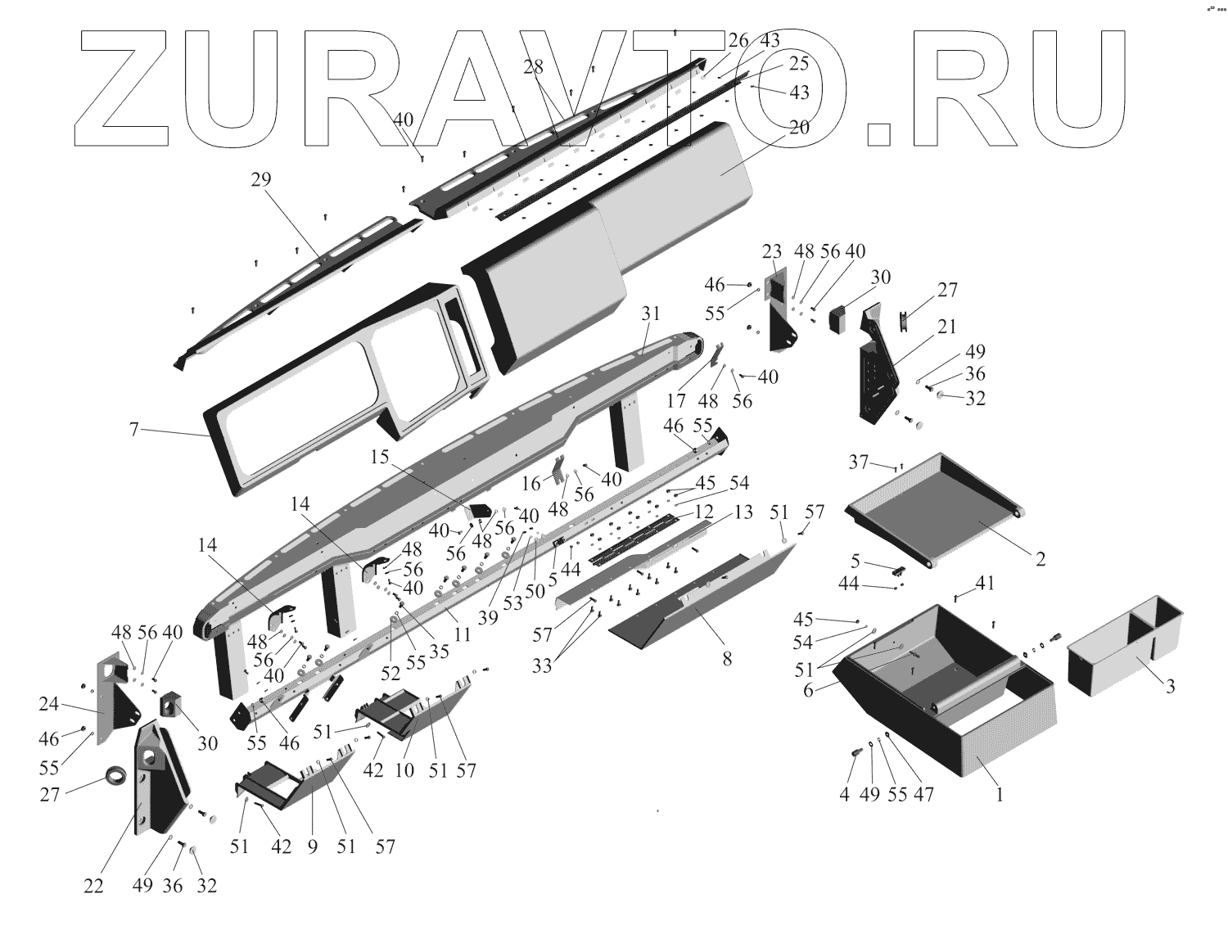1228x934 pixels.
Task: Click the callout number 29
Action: click(x=260, y=180)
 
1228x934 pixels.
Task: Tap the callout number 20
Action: click(x=799, y=128)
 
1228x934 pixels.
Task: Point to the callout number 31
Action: click(x=651, y=313)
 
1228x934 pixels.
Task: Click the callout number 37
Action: click(x=858, y=462)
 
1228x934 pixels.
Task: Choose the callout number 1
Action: click(x=999, y=792)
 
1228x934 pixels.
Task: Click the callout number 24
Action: click(x=50, y=704)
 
